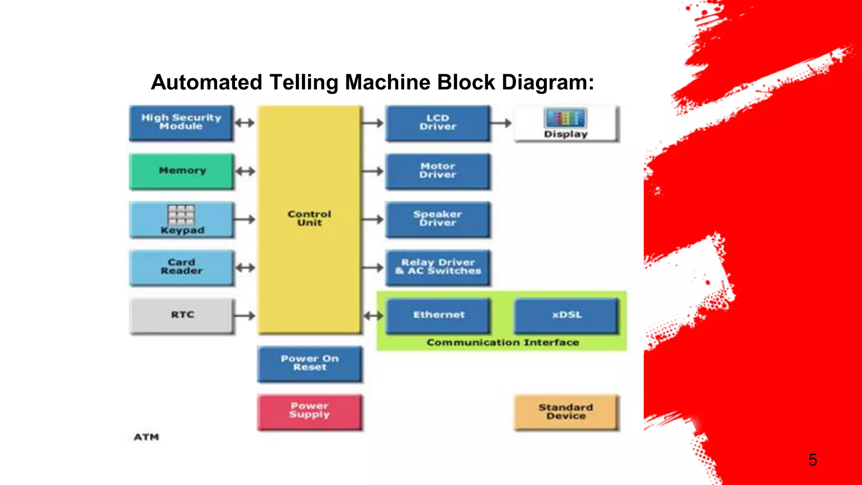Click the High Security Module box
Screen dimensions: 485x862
click(181, 123)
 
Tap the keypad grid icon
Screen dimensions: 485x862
click(181, 215)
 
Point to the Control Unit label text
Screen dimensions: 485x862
click(309, 219)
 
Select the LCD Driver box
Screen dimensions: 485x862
click(438, 123)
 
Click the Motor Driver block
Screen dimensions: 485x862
click(438, 171)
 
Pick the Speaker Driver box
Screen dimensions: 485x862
click(438, 219)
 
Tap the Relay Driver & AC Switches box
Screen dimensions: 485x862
click(438, 267)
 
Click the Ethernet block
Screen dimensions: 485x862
click(439, 315)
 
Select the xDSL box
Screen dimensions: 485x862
click(567, 315)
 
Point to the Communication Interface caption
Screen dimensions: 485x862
click(503, 343)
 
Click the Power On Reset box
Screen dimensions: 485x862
click(309, 363)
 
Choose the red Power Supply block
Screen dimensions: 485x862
click(309, 411)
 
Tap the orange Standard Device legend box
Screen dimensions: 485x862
click(566, 412)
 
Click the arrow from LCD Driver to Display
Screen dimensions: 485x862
click(501, 123)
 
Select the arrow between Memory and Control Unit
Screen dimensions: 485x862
click(245, 171)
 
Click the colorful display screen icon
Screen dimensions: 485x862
click(565, 118)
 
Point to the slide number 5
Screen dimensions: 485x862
click(812, 460)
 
